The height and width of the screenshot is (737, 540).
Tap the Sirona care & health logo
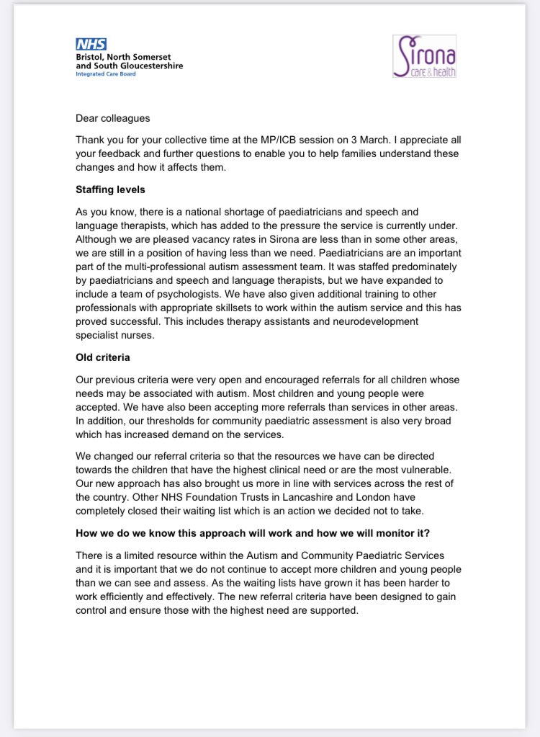tap(424, 56)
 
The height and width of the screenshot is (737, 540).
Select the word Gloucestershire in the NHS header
tap(148, 66)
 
